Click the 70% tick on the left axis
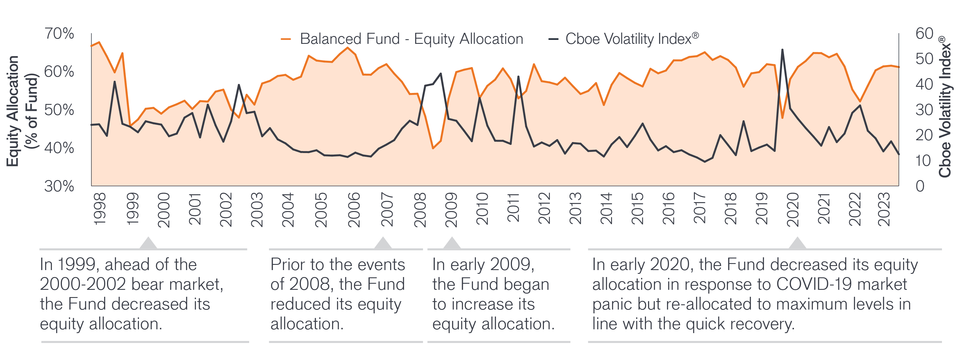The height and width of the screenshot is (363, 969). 59,33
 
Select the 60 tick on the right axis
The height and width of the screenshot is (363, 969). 924,33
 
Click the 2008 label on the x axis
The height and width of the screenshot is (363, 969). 420,210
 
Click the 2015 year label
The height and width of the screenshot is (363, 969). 637,209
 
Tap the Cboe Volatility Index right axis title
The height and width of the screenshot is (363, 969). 945,107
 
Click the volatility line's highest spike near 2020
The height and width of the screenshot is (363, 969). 782,50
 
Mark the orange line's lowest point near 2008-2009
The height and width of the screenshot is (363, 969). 433,148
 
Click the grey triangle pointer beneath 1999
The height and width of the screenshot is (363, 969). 148,244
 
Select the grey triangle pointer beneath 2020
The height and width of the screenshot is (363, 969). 797,244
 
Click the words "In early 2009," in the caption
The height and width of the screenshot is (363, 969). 483,265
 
